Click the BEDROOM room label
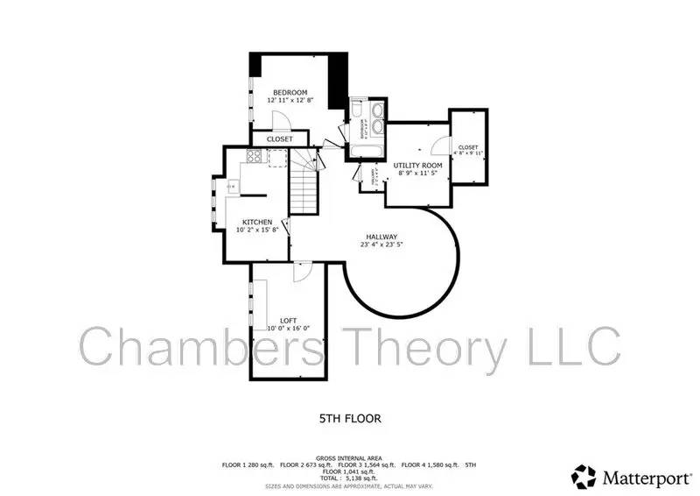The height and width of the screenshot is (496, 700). [290, 93]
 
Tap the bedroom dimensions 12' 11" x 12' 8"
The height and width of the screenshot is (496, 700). [290, 101]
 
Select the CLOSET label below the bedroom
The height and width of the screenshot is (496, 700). [280, 139]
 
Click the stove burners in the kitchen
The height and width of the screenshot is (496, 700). [255, 158]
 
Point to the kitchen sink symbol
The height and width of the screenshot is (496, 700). [232, 186]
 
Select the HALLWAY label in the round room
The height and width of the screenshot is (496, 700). [381, 237]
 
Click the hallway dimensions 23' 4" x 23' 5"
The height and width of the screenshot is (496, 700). [381, 246]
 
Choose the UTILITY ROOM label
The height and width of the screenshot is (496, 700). [417, 165]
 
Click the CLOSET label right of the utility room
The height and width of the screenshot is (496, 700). [468, 147]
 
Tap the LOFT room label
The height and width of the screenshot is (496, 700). [288, 321]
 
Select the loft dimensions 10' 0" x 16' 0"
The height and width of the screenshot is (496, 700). [288, 329]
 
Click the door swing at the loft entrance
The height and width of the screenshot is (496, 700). [300, 271]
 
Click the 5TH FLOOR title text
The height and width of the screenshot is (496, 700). [349, 419]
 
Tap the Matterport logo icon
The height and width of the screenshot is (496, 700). [584, 476]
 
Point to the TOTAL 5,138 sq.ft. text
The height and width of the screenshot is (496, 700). [350, 478]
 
